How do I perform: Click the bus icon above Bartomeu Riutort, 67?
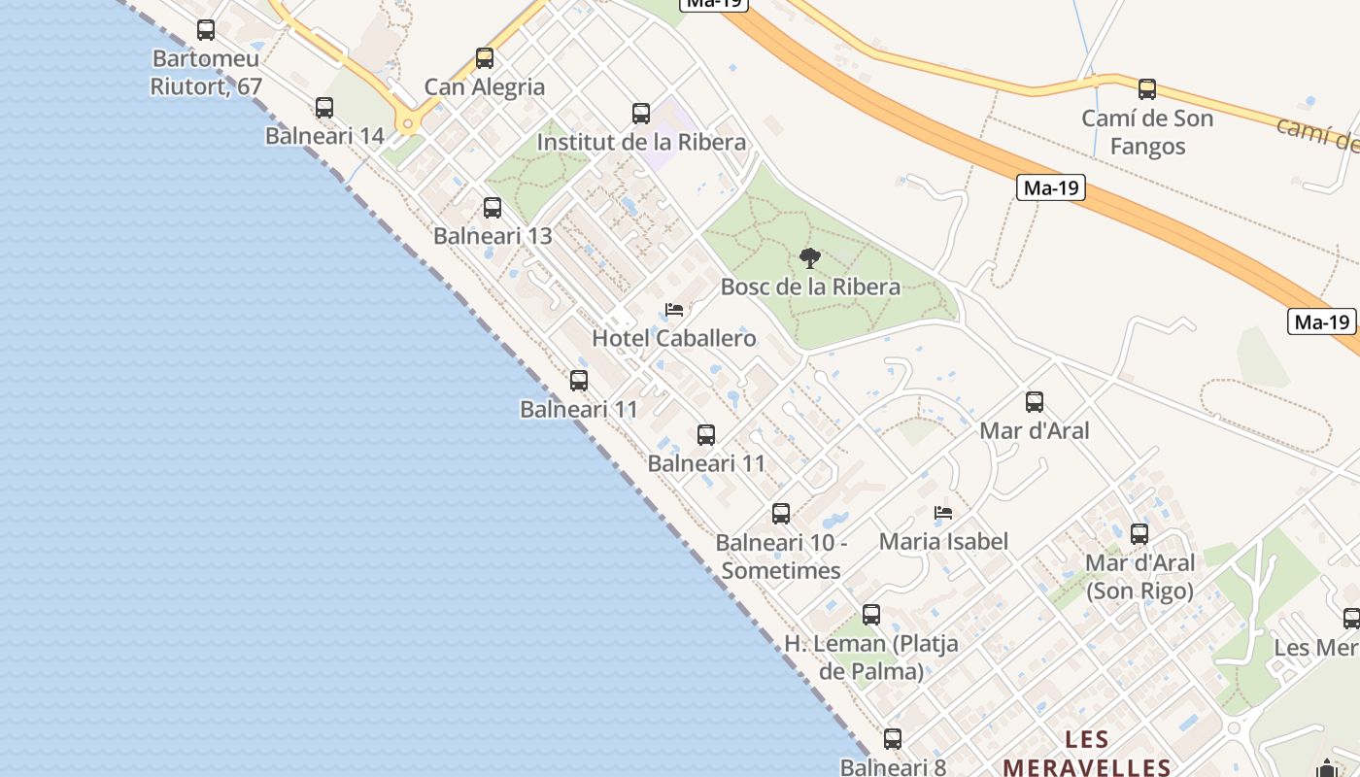206,30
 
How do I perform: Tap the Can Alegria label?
485,87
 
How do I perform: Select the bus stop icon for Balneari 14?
324,108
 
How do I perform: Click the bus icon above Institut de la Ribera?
641,114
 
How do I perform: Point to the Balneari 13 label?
493,236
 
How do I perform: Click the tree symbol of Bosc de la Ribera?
809,258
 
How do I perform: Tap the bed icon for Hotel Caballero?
674,311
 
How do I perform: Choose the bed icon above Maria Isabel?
943,513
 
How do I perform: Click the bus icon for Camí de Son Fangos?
1147,89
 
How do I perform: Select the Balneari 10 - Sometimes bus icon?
781,514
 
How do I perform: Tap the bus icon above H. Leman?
871,615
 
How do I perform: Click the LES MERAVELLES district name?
1086,754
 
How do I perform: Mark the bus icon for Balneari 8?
893,739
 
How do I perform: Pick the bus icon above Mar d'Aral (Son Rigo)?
1139,534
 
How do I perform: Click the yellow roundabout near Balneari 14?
407,123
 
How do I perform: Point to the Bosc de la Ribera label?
810,287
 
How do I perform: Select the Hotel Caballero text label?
674,339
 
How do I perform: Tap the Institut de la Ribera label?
641,143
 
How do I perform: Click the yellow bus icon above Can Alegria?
485,58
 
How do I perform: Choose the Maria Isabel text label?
943,542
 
